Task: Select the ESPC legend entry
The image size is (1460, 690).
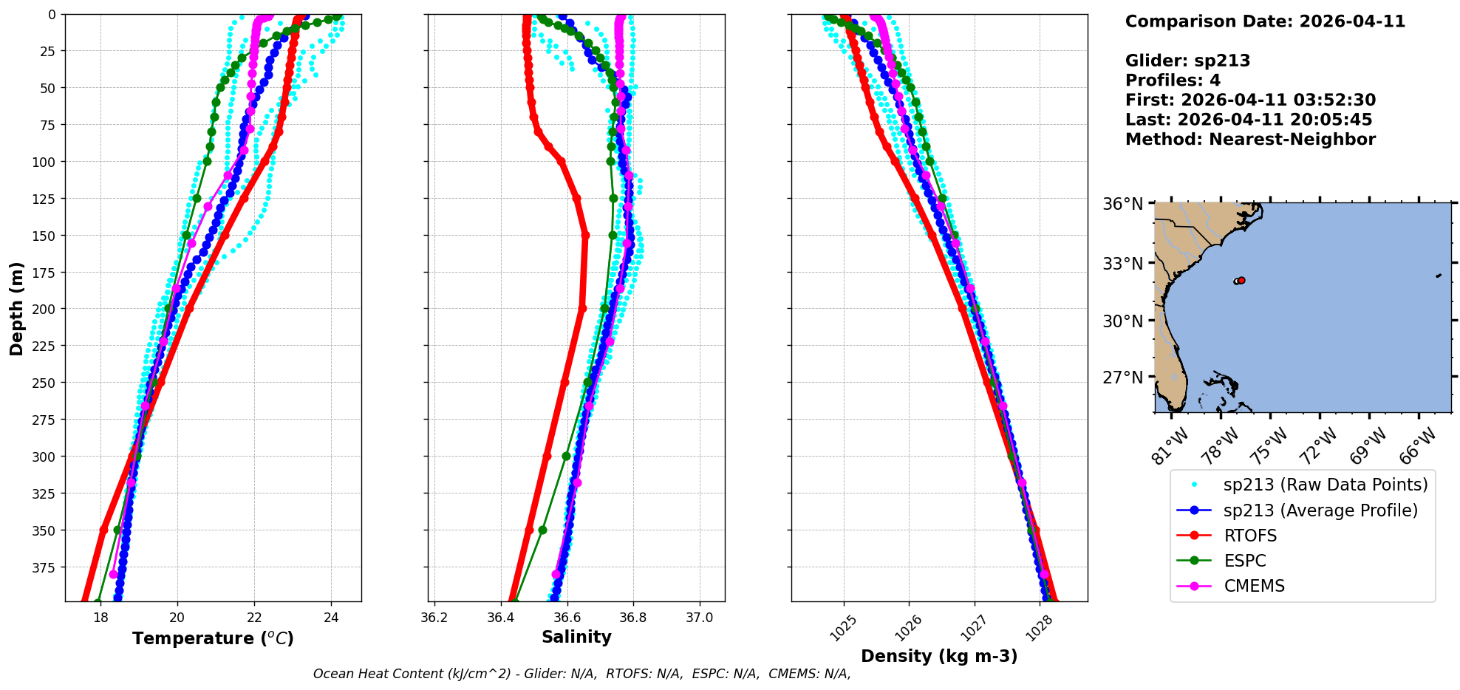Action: click(1244, 561)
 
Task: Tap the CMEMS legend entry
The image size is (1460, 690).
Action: click(1254, 586)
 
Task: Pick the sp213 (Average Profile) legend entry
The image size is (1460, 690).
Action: click(1320, 510)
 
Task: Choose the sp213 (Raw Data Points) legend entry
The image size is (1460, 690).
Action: click(1325, 485)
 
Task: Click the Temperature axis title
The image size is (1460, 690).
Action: click(213, 638)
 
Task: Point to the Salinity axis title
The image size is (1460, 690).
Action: click(576, 637)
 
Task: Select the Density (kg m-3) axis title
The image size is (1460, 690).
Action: click(939, 656)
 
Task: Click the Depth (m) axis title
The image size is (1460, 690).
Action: click(16, 308)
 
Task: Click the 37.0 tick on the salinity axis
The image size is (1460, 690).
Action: click(699, 618)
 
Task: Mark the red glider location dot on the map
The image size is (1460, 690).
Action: click(1241, 280)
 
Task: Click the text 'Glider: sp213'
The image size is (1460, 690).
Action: click(1187, 61)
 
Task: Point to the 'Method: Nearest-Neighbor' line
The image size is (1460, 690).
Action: click(1250, 140)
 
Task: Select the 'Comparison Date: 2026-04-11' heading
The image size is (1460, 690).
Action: click(1265, 21)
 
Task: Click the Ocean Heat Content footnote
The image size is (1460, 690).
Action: click(581, 674)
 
